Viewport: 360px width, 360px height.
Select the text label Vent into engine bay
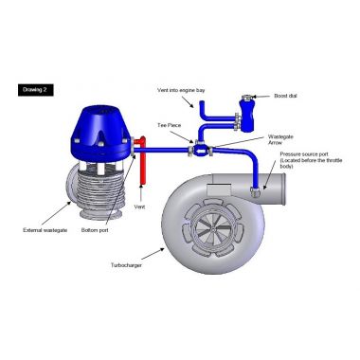coord(181,90)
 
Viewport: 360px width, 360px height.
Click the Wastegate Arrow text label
coord(280,141)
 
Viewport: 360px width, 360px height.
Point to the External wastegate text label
coord(42,229)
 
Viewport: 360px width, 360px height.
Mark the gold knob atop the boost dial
coord(248,98)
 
